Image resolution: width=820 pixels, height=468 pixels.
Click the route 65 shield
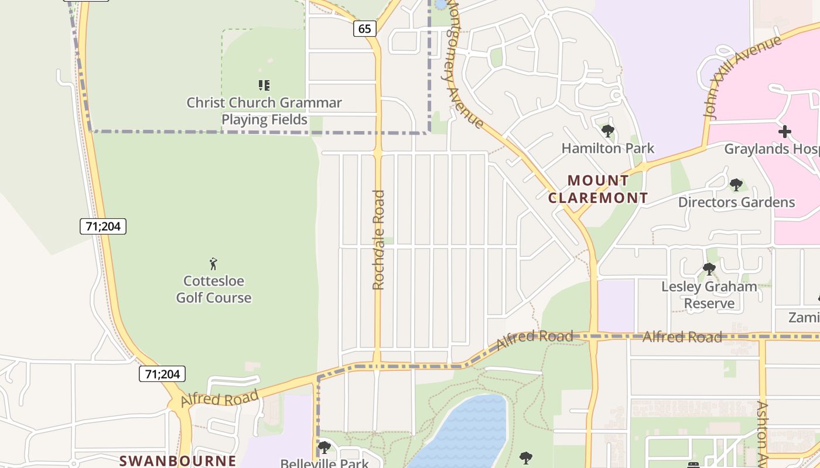364,28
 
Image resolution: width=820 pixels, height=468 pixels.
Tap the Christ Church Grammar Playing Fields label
264,111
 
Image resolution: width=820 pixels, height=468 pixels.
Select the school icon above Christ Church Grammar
264,85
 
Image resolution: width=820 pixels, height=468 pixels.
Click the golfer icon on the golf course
213,264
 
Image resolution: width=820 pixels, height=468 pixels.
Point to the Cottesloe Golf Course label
214,289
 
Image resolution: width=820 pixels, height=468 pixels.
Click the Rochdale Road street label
378,239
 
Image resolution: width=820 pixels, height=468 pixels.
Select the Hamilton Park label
607,148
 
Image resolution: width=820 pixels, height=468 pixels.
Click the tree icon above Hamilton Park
607,131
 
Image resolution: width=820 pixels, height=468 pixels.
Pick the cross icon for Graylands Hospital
785,132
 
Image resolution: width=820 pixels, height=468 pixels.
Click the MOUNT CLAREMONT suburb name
598,189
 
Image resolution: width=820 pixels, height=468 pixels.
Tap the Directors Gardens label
736,202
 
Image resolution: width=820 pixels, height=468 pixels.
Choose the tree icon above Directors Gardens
736,185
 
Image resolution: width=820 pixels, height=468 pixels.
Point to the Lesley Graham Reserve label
709,295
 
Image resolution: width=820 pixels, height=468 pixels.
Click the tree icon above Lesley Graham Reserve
709,269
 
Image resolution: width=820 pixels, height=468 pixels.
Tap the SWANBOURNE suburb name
178,460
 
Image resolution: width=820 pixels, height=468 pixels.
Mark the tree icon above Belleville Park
324,448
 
